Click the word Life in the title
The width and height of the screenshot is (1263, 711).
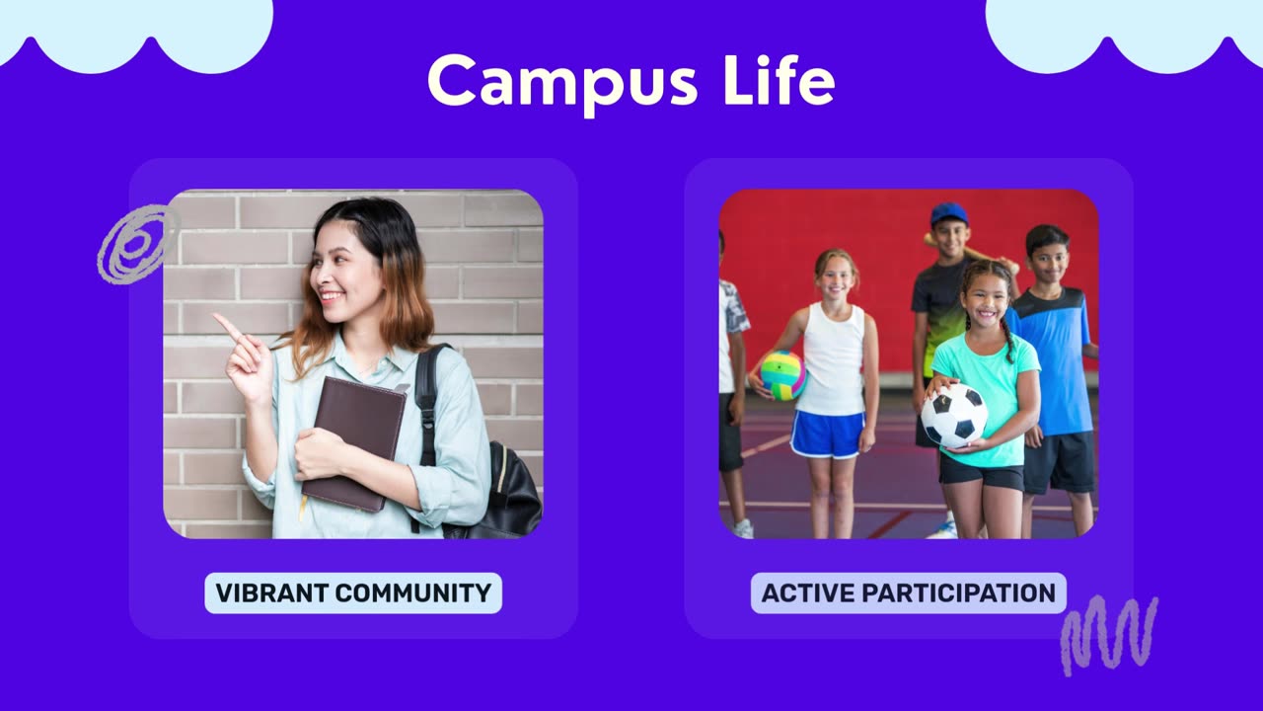click(x=780, y=80)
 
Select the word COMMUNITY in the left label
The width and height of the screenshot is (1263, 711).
click(x=412, y=593)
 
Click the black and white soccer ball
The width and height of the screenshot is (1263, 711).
click(x=954, y=417)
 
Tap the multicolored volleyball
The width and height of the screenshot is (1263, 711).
click(x=782, y=375)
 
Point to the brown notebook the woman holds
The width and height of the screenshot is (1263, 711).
click(x=354, y=444)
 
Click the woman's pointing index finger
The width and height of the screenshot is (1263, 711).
click(x=229, y=327)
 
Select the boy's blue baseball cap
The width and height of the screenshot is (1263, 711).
click(x=949, y=214)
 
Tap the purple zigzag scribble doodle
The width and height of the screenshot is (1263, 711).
click(x=1108, y=635)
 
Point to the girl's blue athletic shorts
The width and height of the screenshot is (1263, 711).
click(x=827, y=434)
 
